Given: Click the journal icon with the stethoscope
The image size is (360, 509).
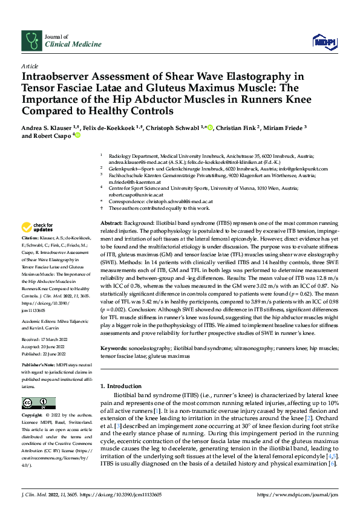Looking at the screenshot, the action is point(31,41).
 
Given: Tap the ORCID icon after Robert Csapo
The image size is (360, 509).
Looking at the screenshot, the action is point(77,136).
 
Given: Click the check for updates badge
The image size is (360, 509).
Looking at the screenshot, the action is point(36,228).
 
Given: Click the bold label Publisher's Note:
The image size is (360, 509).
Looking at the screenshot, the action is point(39,366).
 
